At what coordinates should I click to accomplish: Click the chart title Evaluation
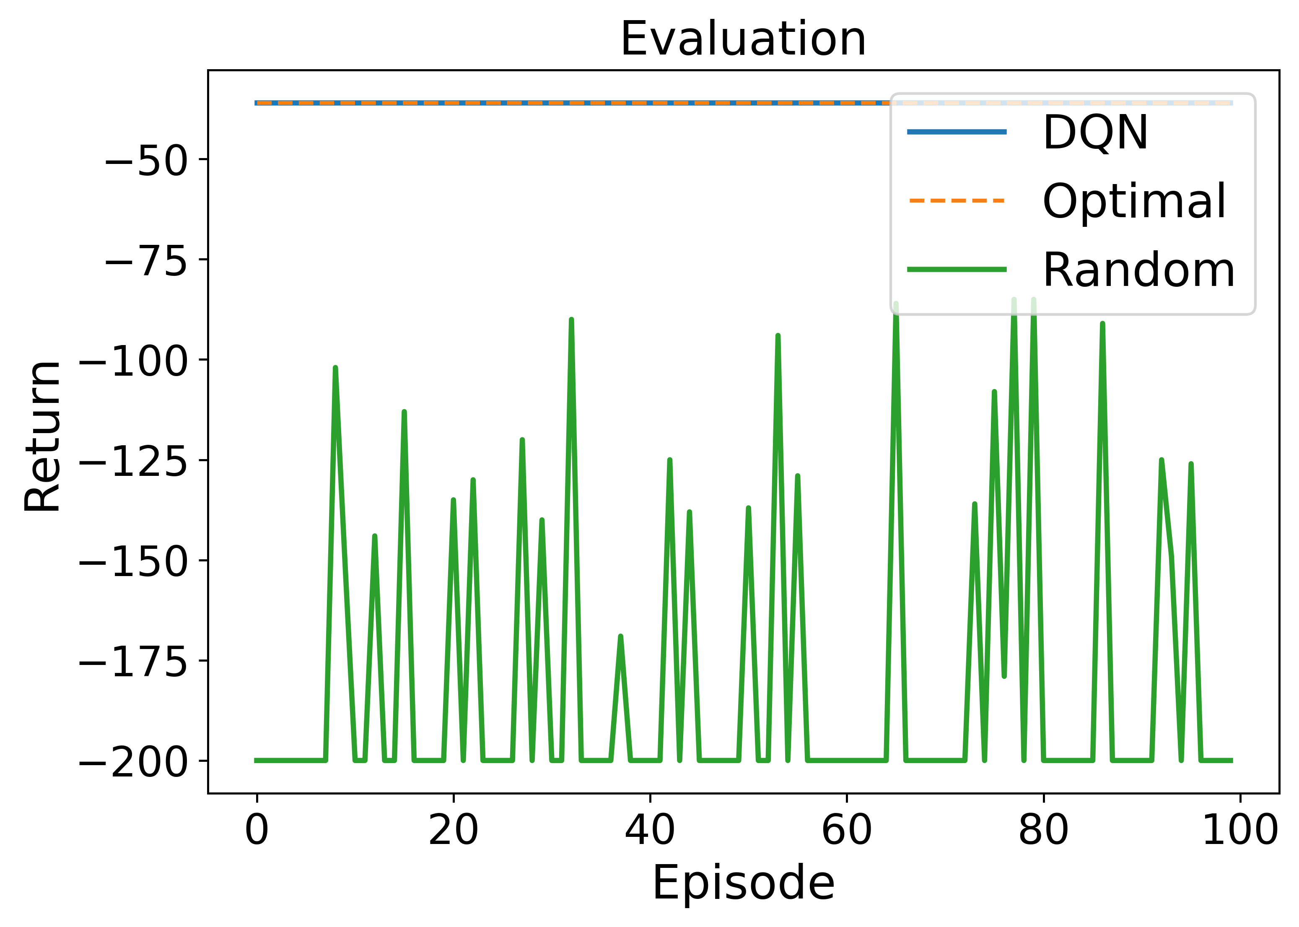(x=743, y=39)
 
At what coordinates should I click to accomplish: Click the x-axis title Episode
(x=743, y=883)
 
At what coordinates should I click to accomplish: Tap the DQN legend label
(x=1095, y=132)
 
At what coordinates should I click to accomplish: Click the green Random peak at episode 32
(x=571, y=321)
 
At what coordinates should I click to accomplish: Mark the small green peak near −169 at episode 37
(x=620, y=637)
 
